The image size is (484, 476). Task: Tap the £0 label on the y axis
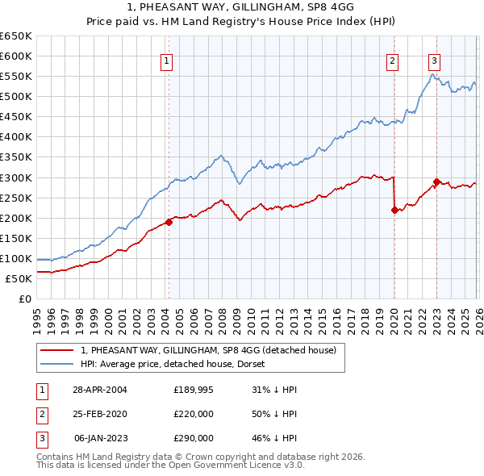pyautogui.click(x=26, y=299)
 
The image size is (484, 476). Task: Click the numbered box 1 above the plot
pyautogui.click(x=166, y=60)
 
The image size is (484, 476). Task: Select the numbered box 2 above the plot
pyautogui.click(x=392, y=60)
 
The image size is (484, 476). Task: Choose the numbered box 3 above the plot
pyautogui.click(x=434, y=60)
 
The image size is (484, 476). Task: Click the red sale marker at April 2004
pyautogui.click(x=169, y=221)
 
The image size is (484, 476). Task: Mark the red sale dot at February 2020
pyautogui.click(x=394, y=210)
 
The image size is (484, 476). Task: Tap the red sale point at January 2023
pyautogui.click(x=436, y=182)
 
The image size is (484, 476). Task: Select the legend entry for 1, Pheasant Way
pyautogui.click(x=213, y=349)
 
